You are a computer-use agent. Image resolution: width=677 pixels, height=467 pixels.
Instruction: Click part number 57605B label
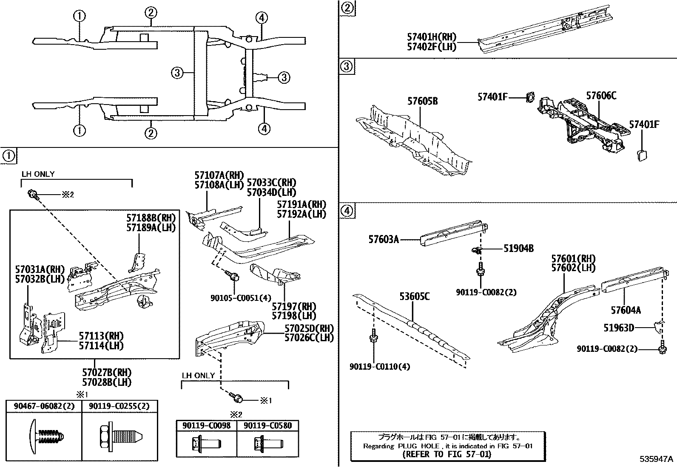pos(422,101)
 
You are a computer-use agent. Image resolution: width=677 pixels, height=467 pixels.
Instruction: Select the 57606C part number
pos(601,96)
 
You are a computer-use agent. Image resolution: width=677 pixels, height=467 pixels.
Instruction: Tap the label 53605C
pos(414,296)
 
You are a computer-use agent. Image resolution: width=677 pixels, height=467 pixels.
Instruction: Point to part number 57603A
pos(383,240)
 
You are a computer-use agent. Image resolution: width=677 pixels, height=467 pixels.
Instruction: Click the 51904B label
pos(518,249)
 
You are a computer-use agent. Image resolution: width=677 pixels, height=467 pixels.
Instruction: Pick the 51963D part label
pos(619,328)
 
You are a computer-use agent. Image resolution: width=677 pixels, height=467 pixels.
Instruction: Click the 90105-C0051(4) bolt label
pos(241,298)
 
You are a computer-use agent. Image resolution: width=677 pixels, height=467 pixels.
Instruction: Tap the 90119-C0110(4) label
pos(380,366)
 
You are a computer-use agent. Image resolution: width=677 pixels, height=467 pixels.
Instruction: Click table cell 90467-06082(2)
pos(44,406)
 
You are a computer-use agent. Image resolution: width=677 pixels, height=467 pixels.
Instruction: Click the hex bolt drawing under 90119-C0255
pos(120,436)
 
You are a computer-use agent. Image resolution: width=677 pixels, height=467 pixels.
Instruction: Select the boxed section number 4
pos(347,211)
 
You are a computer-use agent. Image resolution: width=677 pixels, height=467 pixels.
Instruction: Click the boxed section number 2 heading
pos(347,8)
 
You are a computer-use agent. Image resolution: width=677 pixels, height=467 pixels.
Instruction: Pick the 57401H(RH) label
pos(431,37)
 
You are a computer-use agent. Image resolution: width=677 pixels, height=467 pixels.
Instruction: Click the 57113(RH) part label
pos(101,336)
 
